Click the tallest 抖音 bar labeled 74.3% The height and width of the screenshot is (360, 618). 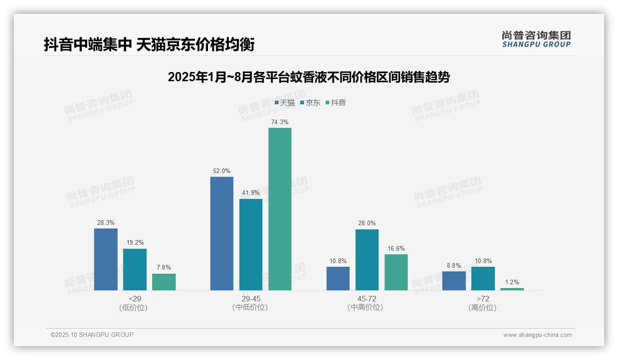pos(280,209)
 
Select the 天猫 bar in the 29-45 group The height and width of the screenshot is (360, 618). pos(222,233)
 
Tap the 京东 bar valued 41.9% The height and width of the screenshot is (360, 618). pos(251,244)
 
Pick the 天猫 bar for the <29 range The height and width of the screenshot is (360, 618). pos(106,259)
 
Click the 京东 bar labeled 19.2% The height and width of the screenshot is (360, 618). pos(135,269)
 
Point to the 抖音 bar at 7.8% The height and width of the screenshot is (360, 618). pos(164,282)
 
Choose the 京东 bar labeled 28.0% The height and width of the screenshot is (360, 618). pos(367,259)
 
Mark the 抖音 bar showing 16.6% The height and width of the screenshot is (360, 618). pos(396,272)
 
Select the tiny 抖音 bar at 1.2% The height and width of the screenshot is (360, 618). pos(512,289)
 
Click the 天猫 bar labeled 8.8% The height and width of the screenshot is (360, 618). pos(454,281)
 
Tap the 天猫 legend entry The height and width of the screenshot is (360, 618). pos(285,102)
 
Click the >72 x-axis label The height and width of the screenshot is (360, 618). pos(482,299)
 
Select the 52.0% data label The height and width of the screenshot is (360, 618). pos(221,171)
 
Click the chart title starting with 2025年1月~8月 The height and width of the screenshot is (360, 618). pos(309,77)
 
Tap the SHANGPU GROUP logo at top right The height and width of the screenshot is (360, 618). pos(536,39)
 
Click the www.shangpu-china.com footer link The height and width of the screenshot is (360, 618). pos(537,335)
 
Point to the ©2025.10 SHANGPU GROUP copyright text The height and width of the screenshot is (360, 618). pos(92,335)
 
